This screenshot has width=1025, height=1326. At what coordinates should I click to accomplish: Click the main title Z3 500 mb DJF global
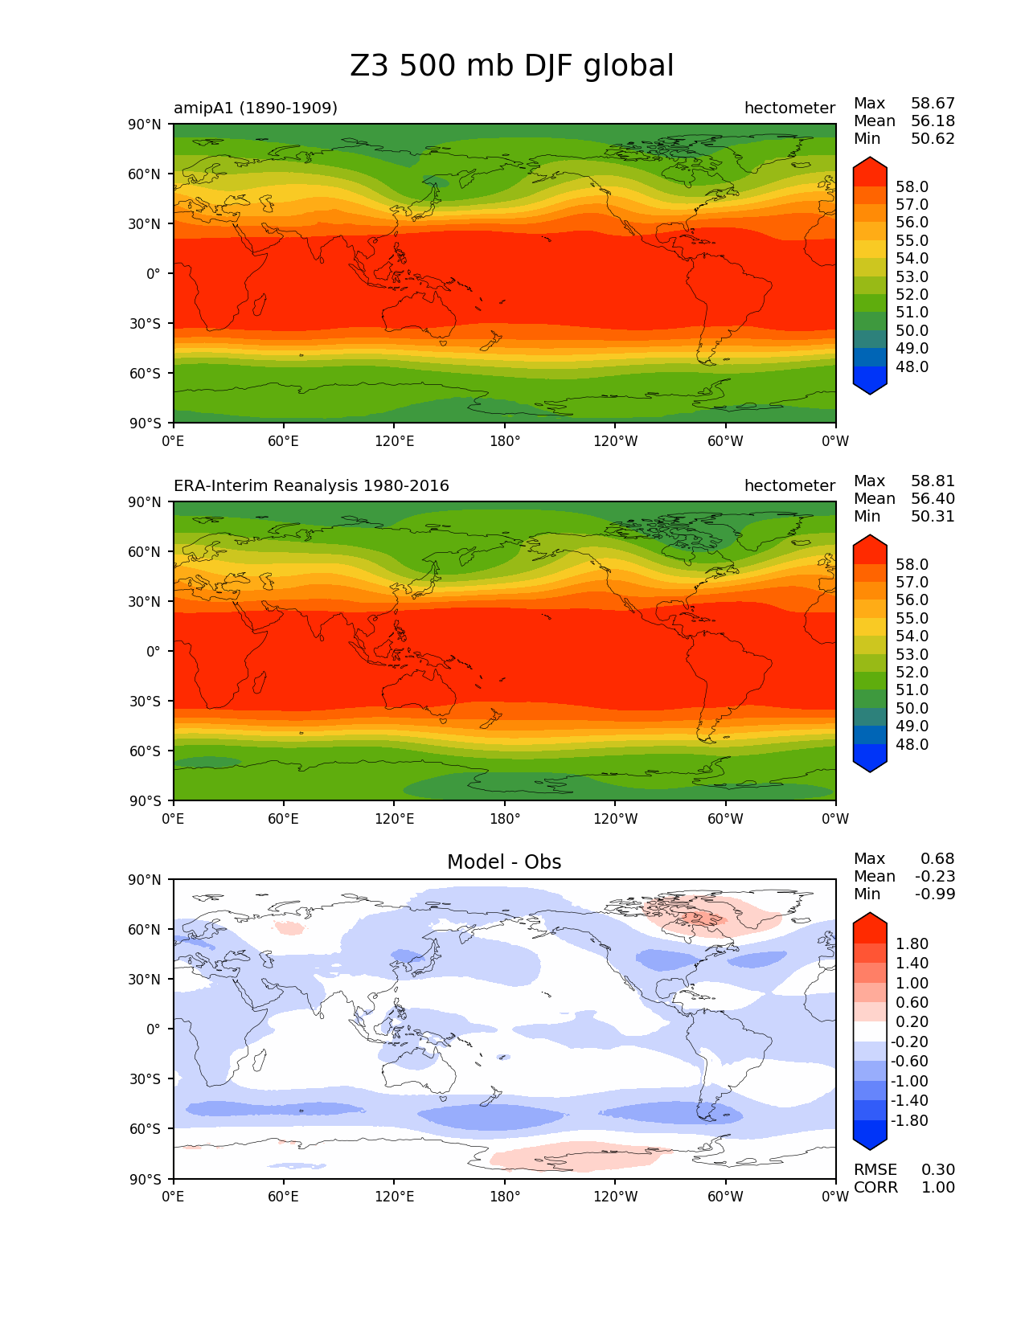(511, 66)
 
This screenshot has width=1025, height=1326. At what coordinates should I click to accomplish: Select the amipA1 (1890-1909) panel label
(255, 108)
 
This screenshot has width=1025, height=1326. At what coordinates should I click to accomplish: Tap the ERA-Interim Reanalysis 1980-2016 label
(311, 485)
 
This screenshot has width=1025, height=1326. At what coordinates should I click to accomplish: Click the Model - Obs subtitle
(504, 862)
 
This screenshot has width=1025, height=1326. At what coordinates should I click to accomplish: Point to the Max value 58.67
(933, 103)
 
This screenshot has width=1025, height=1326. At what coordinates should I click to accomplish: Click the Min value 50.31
(933, 516)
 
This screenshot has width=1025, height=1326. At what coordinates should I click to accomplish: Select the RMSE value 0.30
(938, 1169)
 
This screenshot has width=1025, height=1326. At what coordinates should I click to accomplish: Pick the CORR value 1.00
(938, 1187)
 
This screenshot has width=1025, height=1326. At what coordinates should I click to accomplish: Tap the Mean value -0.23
(935, 876)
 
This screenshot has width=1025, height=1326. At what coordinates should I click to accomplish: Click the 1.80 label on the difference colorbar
(912, 943)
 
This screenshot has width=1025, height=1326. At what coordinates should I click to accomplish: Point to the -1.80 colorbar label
(909, 1120)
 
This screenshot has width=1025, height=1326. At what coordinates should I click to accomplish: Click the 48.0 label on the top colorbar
(912, 366)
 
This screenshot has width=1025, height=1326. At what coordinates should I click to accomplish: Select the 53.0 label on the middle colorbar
(912, 654)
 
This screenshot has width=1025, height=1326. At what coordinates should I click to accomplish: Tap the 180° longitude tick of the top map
(505, 440)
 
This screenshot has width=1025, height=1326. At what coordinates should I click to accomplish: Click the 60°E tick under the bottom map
(284, 1196)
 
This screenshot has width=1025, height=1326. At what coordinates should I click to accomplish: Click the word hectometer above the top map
(789, 108)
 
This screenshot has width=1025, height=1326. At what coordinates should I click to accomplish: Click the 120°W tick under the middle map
(615, 818)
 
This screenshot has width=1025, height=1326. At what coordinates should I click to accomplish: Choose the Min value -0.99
(935, 894)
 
